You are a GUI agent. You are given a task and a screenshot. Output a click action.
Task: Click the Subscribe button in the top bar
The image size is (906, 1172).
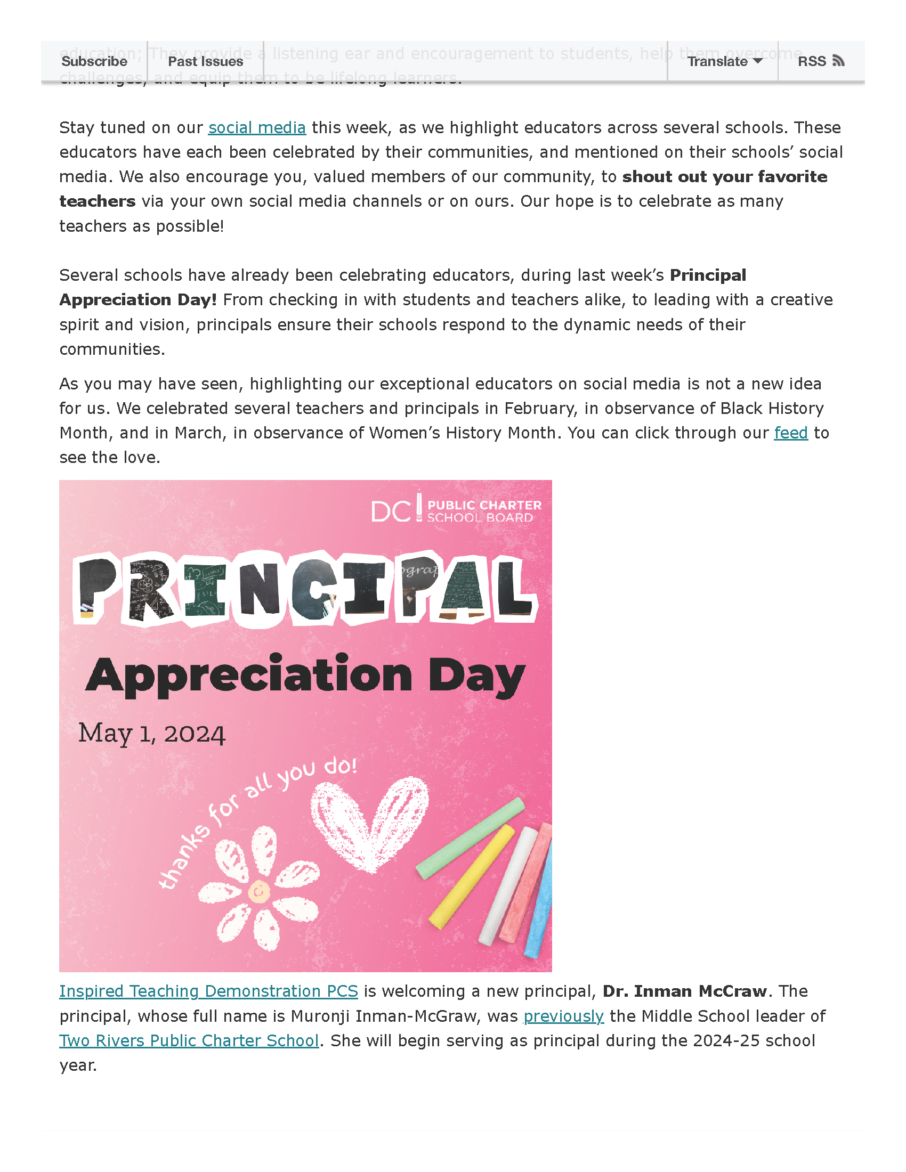pos(94,61)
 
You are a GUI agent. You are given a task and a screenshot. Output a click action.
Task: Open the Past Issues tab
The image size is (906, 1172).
pos(206,61)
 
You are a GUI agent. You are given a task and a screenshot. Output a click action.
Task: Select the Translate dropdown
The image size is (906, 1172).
pos(724,61)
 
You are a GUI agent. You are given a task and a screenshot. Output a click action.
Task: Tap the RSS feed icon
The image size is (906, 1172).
pos(838,61)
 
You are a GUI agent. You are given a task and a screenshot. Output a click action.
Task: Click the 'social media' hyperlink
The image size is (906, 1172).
pos(256,128)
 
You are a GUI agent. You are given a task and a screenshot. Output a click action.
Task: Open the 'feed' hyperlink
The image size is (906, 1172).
pos(790,433)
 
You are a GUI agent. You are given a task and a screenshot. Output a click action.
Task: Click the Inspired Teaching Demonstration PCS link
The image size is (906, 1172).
pos(208,991)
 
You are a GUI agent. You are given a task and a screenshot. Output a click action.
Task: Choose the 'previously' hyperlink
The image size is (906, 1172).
pos(563,1016)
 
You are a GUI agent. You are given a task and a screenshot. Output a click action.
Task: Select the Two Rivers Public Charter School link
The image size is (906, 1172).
pos(189,1040)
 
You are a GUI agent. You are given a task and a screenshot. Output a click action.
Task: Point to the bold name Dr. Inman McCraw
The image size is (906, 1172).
pos(684,991)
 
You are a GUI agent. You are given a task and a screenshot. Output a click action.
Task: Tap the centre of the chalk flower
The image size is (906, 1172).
pos(259,891)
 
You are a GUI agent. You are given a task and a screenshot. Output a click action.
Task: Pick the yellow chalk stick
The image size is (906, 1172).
pos(472,875)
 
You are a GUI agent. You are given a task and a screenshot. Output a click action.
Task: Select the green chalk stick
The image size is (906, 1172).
pos(470,837)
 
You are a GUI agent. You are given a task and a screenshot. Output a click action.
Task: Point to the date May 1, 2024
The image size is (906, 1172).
pos(151,734)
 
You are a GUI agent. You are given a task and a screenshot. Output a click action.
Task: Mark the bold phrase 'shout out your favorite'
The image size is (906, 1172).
pos(725,176)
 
